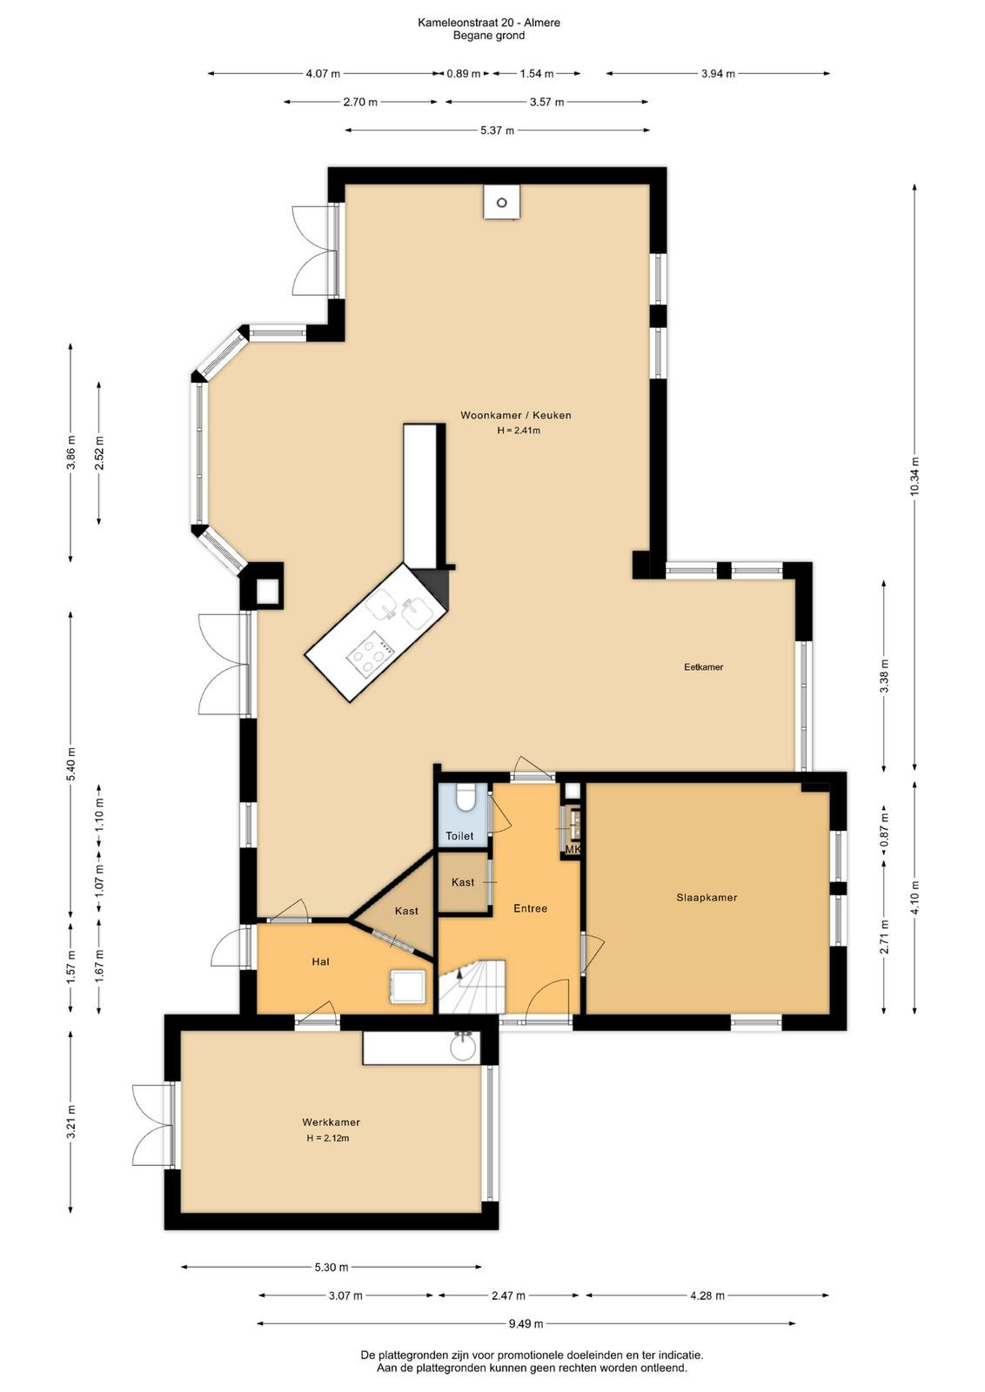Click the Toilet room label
pyautogui.click(x=459, y=836)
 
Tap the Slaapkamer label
pyautogui.click(x=707, y=897)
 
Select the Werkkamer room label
pyautogui.click(x=332, y=1122)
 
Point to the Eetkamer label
pyautogui.click(x=703, y=666)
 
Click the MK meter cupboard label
pyautogui.click(x=573, y=849)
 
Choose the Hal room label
pyautogui.click(x=321, y=962)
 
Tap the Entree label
pyautogui.click(x=530, y=908)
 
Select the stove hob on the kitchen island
pyautogui.click(x=371, y=652)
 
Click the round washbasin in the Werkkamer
pyautogui.click(x=462, y=1046)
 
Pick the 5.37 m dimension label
pyautogui.click(x=497, y=130)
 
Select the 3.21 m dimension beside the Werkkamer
pyautogui.click(x=71, y=1122)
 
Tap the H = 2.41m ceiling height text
pyautogui.click(x=519, y=430)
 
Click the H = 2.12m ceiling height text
pyautogui.click(x=327, y=1138)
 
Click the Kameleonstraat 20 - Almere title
pyautogui.click(x=488, y=23)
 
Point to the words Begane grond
pyautogui.click(x=488, y=36)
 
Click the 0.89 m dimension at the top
pyautogui.click(x=464, y=74)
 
